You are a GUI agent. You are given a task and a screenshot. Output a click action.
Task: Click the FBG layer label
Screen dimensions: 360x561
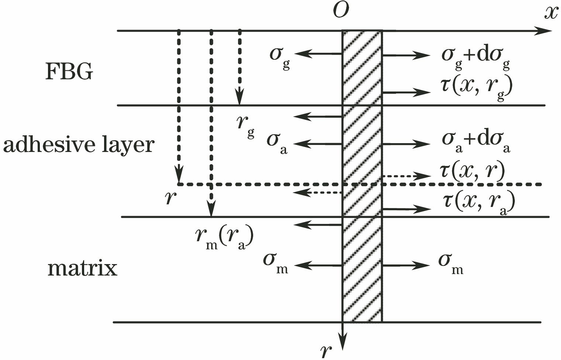tap(69, 72)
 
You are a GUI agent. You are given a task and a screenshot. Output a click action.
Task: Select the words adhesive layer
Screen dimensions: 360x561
tap(78, 145)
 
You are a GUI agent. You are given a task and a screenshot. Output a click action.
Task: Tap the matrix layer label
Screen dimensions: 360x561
tap(82, 269)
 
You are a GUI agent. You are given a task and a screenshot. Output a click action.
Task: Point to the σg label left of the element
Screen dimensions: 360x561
tap(280, 56)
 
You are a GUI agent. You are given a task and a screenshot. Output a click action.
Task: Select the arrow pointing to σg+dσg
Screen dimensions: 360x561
tap(406, 56)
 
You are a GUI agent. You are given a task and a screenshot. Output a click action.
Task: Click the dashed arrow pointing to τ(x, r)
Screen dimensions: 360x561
tap(406, 176)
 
